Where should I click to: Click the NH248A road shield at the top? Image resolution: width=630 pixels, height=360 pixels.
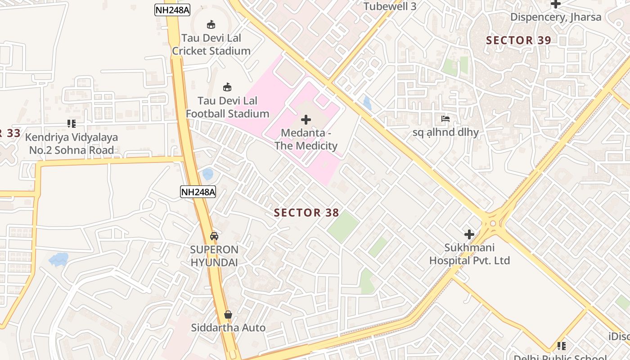pyautogui.click(x=172, y=10)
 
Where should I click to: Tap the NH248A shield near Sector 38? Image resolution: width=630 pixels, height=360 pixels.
pyautogui.click(x=198, y=192)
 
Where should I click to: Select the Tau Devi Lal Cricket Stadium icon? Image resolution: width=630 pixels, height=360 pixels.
pyautogui.click(x=211, y=24)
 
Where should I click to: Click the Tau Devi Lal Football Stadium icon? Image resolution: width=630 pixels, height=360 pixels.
pyautogui.click(x=227, y=87)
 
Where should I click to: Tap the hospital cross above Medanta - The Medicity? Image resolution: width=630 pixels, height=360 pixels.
pyautogui.click(x=306, y=120)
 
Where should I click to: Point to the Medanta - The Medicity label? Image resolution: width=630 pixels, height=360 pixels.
pyautogui.click(x=306, y=139)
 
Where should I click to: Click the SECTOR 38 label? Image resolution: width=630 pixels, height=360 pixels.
pyautogui.click(x=306, y=213)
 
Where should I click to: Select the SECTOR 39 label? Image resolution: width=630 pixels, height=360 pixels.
pyautogui.click(x=518, y=40)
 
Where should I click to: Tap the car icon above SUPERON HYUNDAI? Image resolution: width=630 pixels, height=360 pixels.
pyautogui.click(x=214, y=236)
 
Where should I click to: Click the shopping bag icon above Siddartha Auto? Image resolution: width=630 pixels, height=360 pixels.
pyautogui.click(x=228, y=315)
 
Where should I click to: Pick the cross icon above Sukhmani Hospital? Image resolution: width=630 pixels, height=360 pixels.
pyautogui.click(x=469, y=234)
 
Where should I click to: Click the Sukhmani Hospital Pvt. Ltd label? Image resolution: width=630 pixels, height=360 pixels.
pyautogui.click(x=469, y=254)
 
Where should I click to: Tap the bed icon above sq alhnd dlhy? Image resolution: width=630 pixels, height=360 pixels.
pyautogui.click(x=445, y=119)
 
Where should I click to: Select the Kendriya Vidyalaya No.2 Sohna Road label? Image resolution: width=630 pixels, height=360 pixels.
pyautogui.click(x=72, y=144)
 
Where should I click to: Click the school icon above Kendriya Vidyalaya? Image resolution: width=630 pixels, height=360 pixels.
pyautogui.click(x=72, y=123)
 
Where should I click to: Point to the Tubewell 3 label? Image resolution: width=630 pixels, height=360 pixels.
pyautogui.click(x=390, y=6)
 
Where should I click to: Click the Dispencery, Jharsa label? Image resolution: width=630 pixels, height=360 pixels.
pyautogui.click(x=556, y=17)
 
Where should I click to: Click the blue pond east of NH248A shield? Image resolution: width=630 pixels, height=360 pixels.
pyautogui.click(x=207, y=174)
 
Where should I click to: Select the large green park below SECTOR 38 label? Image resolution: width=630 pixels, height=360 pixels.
pyautogui.click(x=343, y=226)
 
